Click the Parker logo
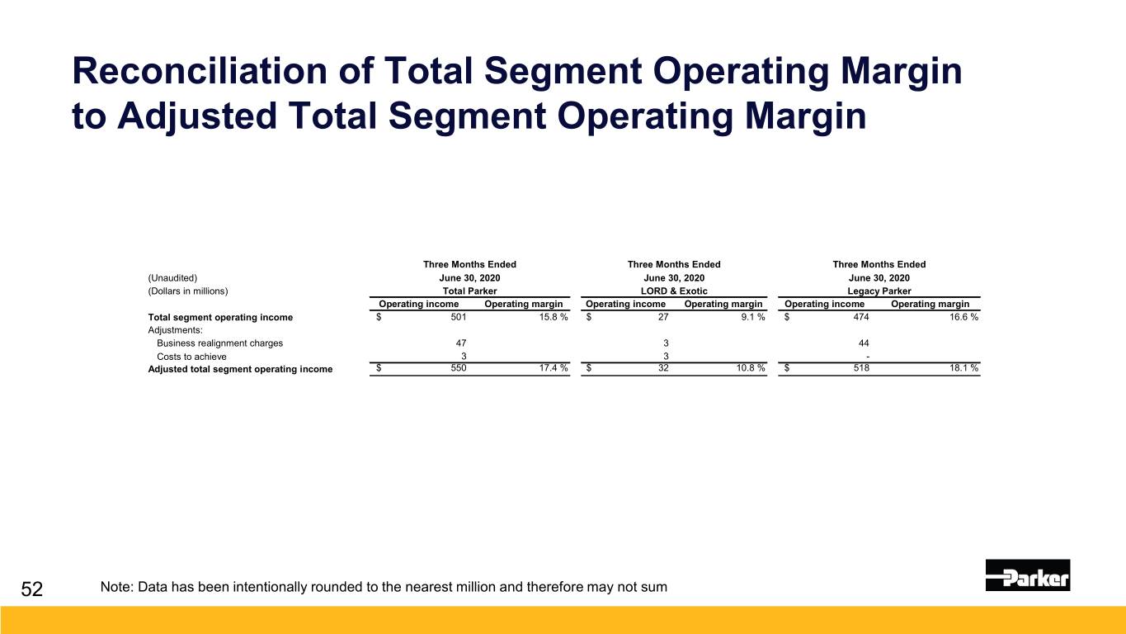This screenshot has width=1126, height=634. tap(1028, 575)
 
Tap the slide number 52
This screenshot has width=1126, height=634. tap(31, 589)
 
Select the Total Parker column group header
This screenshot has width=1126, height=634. tap(469, 291)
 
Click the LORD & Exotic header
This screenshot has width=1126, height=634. tap(674, 291)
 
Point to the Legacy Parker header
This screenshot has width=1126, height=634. tap(879, 291)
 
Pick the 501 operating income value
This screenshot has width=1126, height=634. tap(459, 317)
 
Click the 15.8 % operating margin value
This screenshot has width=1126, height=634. tap(553, 317)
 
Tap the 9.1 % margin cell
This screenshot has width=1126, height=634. tap(753, 317)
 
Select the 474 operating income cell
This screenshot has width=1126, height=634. tap(861, 317)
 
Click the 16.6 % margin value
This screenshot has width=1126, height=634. tap(963, 317)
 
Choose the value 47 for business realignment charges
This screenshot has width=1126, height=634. tap(461, 343)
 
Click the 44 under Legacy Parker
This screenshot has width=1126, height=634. tap(864, 343)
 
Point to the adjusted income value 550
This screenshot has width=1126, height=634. tap(459, 368)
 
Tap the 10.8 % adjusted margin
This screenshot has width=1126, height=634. tap(751, 368)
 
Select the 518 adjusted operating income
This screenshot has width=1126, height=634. tap(861, 368)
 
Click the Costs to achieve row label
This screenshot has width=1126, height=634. tap(191, 357)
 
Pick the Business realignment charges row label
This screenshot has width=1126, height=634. tap(219, 343)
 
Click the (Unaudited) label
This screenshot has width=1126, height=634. tap(172, 277)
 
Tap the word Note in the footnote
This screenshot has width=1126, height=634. tap(116, 587)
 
